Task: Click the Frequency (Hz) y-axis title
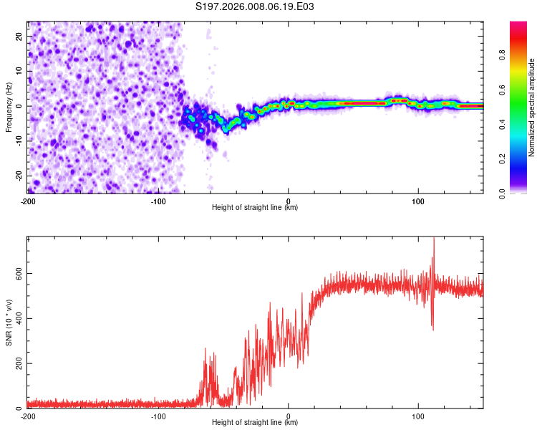[x=9, y=107]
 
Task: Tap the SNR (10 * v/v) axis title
[x=9, y=323]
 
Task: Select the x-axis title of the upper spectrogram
[x=255, y=208]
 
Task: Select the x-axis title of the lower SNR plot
[x=255, y=423]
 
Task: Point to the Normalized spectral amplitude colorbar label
[x=532, y=107]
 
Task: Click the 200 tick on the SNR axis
[x=16, y=363]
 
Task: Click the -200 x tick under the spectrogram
[x=27, y=200]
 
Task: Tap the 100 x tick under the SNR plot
[x=419, y=416]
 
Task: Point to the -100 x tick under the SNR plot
[x=158, y=416]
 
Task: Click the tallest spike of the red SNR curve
[x=433, y=239]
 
